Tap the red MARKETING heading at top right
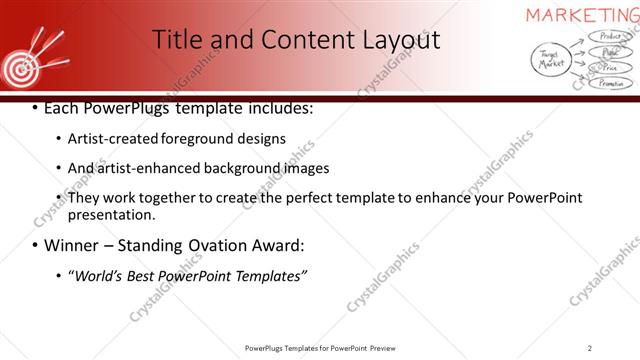[x=583, y=14]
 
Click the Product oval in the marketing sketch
[x=607, y=36]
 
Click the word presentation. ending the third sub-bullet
[x=110, y=214]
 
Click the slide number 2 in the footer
[x=590, y=348]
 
